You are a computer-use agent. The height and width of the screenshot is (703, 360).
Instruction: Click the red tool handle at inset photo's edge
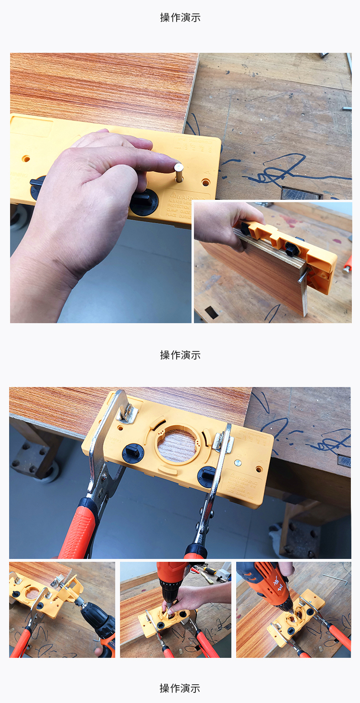348,264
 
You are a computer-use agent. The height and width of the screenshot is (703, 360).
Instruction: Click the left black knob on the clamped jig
133,453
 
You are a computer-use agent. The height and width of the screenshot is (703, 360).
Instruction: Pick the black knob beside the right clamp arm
206,476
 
